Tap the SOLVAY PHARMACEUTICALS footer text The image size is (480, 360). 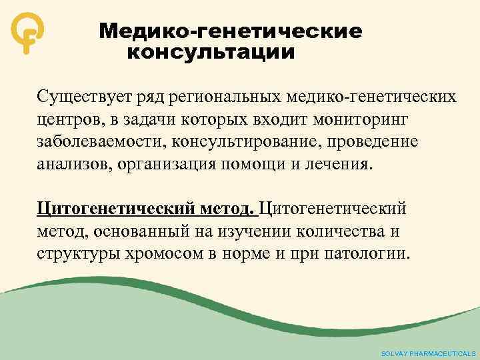click(428, 353)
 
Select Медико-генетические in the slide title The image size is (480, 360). click(231, 31)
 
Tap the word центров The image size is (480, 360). click(64, 120)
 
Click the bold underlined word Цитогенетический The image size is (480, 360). click(105, 209)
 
